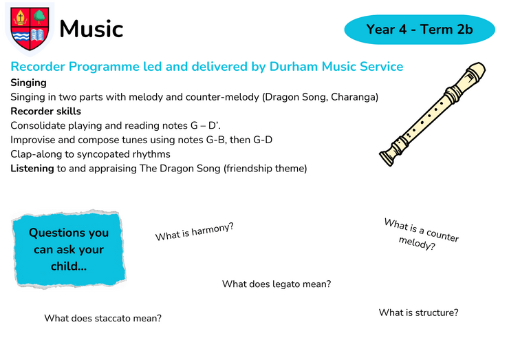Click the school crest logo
click(30, 29)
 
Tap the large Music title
click(91, 29)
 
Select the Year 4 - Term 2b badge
click(420, 29)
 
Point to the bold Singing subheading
click(29, 83)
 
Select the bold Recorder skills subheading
click(46, 112)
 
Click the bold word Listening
click(32, 169)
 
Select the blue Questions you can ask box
click(69, 249)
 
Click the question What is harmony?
click(195, 232)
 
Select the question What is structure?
click(418, 313)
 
